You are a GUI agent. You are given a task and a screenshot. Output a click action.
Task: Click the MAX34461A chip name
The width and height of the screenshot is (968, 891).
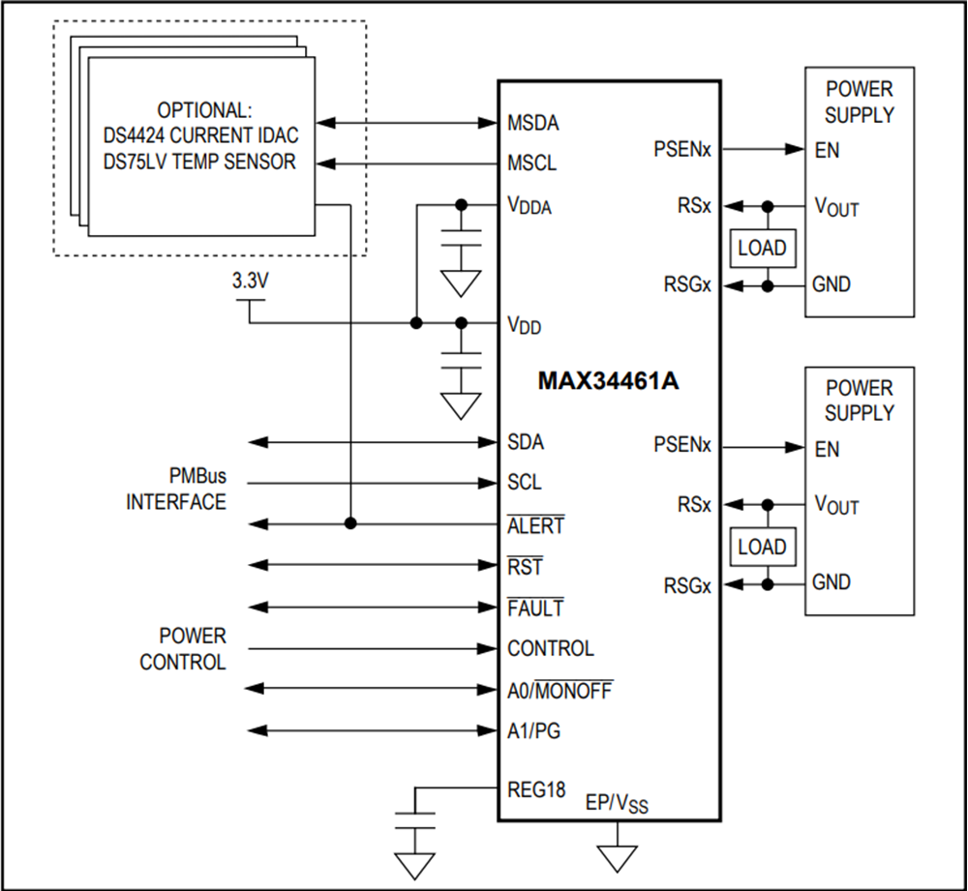[608, 380]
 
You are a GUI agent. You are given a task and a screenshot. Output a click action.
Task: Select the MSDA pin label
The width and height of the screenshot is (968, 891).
[532, 124]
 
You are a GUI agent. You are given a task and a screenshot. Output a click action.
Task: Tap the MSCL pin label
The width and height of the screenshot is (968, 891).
[531, 163]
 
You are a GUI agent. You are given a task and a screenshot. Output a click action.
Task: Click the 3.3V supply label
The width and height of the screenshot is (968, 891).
[251, 282]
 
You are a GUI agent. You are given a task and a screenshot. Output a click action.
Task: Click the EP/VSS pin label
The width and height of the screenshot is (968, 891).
[618, 804]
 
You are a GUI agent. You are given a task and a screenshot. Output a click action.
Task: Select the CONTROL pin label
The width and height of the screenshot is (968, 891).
[550, 649]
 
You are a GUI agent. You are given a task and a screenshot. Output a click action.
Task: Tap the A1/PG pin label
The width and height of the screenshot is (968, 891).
[533, 731]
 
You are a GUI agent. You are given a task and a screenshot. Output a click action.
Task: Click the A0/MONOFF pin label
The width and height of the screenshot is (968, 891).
[560, 691]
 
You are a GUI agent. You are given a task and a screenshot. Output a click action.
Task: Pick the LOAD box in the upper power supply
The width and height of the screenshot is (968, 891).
[762, 248]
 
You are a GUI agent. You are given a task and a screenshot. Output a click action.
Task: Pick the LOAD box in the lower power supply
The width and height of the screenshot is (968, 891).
[762, 547]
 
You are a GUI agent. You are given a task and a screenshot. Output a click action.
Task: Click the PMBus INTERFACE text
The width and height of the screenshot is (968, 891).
[176, 490]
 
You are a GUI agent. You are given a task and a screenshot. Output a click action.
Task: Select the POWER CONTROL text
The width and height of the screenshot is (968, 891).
[183, 650]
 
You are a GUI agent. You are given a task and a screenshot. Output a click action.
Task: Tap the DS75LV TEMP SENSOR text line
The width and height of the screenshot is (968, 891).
[198, 163]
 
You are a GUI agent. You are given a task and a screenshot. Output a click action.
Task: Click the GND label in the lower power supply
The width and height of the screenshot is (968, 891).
[832, 583]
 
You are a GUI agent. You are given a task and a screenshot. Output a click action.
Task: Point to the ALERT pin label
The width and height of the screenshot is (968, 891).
[535, 526]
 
